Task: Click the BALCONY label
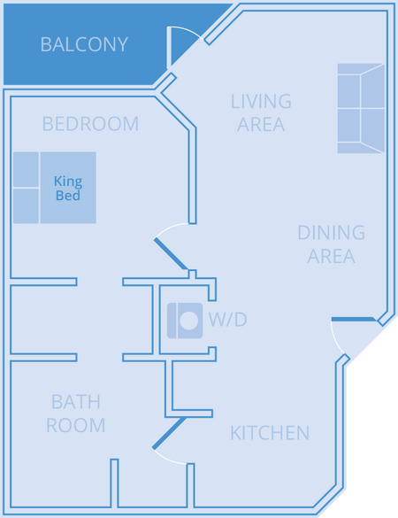84,44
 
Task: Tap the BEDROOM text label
90,124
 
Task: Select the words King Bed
68,189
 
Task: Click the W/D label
227,320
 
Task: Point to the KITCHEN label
270,433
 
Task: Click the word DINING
331,233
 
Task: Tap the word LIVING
261,101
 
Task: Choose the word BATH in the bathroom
76,402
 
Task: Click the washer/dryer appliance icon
185,321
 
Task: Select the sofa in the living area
361,108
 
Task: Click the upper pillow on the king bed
26,169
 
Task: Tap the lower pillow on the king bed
26,205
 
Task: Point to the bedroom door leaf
171,254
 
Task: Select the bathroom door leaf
169,433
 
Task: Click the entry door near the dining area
354,319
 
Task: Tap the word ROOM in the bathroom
76,426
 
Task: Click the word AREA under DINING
331,257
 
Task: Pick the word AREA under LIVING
261,125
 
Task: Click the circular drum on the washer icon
188,321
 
